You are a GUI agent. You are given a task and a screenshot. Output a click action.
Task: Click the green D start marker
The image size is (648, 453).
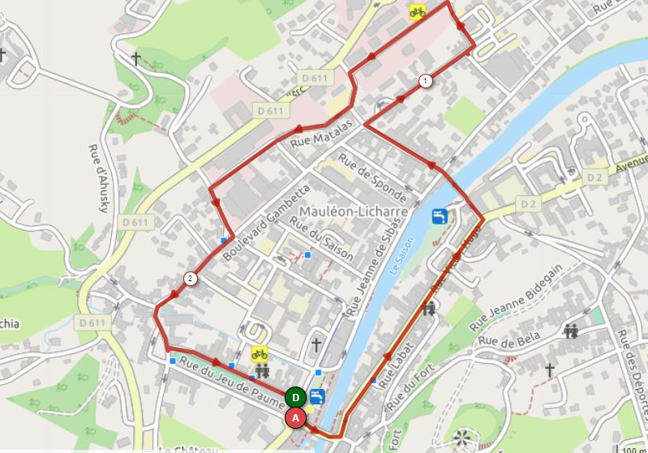[x=295, y=397]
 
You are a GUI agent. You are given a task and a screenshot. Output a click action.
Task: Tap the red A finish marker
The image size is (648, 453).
[x=295, y=418]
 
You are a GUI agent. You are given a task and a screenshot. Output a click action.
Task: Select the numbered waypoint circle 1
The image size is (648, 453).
[x=425, y=80]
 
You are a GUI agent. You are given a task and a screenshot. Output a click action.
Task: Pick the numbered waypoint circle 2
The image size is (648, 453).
[x=191, y=279]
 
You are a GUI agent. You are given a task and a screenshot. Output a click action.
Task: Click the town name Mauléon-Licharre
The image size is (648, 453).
[x=354, y=212]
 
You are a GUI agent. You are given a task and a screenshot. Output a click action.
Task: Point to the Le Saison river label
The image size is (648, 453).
[x=402, y=257]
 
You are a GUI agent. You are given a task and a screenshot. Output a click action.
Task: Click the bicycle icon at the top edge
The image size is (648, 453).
[x=417, y=11]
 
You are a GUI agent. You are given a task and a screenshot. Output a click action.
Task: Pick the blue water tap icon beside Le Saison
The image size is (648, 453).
[x=439, y=216]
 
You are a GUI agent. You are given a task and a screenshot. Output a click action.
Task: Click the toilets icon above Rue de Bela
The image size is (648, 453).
[x=571, y=331]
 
